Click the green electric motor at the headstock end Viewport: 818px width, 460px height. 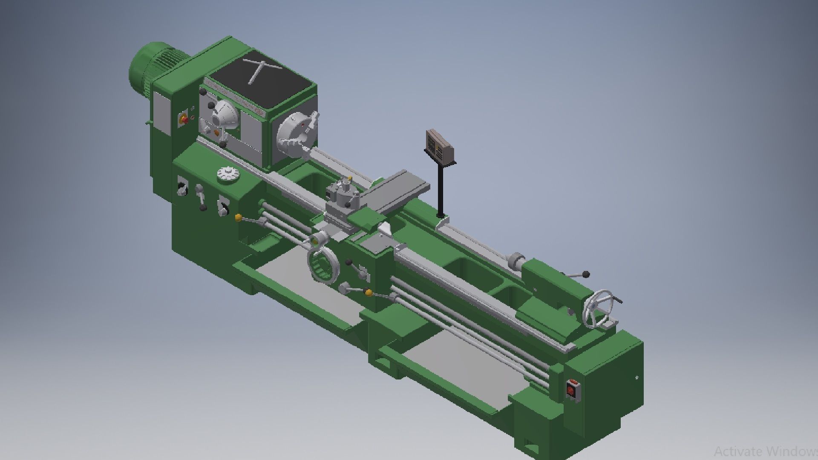point(147,70)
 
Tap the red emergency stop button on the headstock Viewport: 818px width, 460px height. point(184,119)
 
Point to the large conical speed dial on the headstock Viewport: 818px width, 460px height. point(226,115)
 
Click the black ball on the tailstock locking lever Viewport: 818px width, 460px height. point(587,274)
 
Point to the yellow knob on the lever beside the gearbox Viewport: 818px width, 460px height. point(238,218)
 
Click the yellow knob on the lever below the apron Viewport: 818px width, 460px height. point(369,293)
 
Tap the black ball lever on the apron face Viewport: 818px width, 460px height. point(349,262)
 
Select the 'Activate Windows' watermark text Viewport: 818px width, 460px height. point(765,451)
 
